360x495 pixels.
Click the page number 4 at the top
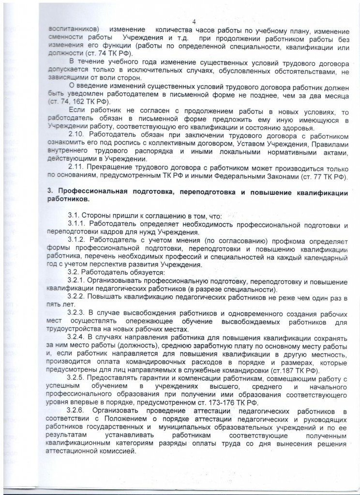click(x=194, y=21)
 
